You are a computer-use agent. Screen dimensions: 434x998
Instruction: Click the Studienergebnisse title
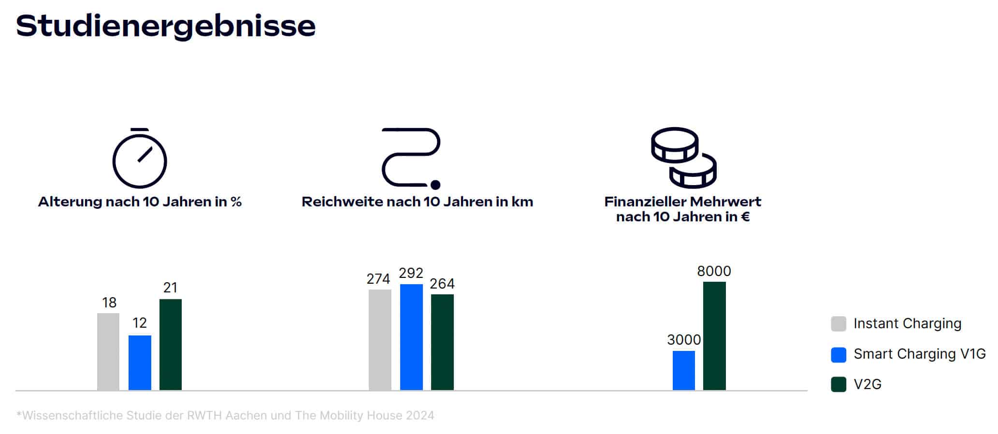point(166,26)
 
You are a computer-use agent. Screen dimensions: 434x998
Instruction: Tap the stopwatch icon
point(140,159)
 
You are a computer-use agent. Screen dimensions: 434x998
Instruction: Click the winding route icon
point(411,158)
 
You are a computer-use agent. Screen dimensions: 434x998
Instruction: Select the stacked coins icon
point(683,158)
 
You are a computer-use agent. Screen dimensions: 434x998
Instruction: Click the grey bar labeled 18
point(108,351)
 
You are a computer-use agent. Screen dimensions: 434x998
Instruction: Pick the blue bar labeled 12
point(140,362)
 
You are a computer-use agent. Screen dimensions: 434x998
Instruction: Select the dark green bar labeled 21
point(171,344)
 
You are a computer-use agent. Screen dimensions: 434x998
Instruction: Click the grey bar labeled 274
point(380,339)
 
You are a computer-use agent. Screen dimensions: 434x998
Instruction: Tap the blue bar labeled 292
point(411,337)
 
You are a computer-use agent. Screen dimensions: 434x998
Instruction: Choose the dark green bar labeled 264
point(442,342)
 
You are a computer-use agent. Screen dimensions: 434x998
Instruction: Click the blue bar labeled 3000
point(683,370)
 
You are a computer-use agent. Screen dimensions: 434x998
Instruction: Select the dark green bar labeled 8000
point(714,335)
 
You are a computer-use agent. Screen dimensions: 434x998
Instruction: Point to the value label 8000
point(714,271)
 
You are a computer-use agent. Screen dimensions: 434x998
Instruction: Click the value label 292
point(411,274)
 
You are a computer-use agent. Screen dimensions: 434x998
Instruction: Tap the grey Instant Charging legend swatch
point(839,324)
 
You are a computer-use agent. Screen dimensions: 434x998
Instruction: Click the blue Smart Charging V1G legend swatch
point(839,354)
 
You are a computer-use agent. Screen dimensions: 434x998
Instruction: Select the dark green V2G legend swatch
point(839,385)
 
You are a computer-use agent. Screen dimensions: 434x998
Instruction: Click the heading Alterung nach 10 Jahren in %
point(140,202)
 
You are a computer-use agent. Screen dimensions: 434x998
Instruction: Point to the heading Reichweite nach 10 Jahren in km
point(417,202)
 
